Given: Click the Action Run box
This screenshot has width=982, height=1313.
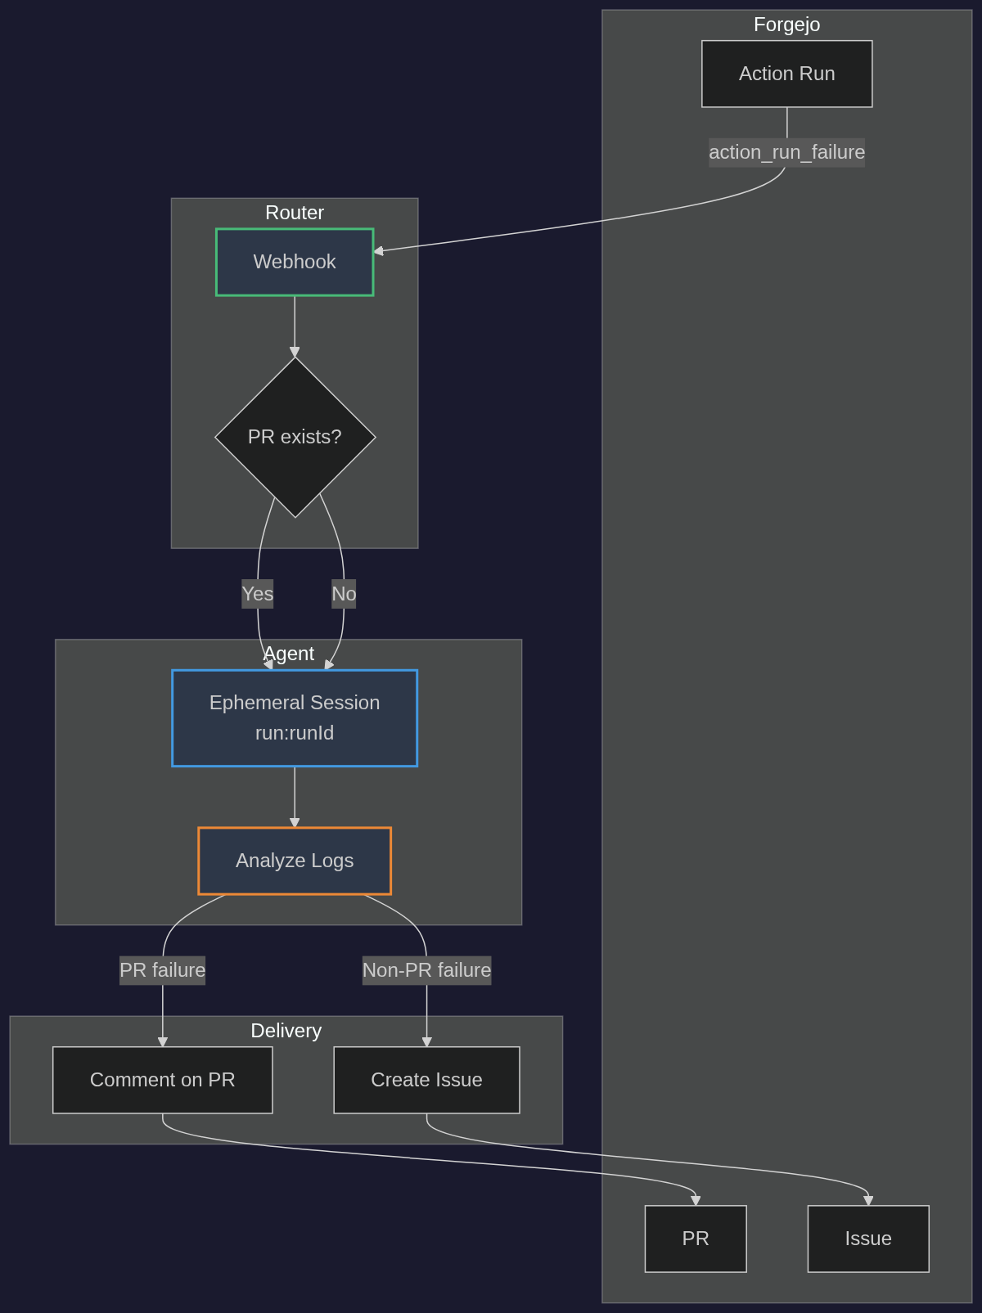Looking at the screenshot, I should pos(786,74).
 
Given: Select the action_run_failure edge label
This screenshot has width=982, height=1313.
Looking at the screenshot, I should pos(786,152).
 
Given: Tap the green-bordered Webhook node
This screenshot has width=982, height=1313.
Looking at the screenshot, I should pos(295,262).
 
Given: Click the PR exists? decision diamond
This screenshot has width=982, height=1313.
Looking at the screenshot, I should pos(295,437).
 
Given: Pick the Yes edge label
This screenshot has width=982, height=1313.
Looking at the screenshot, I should pos(257,594).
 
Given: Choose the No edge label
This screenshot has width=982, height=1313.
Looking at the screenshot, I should pos(344,594).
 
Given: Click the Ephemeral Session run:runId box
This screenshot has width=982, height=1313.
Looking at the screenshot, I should pos(295,717).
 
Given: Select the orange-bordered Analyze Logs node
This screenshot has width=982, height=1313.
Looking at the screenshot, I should pos(295,861).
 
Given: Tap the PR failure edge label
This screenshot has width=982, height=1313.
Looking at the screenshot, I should pos(162,970).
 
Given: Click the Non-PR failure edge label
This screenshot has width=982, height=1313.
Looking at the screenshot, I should pos(426,970).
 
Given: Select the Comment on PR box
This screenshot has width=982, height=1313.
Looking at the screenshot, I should pos(162,1080).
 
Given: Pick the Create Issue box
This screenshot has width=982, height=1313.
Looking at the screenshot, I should pos(426,1080).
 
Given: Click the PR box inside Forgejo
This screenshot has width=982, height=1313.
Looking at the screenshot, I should pos(696,1239).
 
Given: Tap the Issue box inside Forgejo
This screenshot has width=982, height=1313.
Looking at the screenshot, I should pos(868,1239).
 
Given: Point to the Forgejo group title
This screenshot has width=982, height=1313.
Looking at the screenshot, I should pos(786,25).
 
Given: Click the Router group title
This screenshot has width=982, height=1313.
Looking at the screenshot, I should pos(295,213).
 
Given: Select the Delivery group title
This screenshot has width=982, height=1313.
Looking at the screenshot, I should pos(286,1031).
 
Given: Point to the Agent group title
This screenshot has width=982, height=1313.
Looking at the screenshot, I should pos(288,654).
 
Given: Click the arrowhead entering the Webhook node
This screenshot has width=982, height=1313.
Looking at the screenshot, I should pos(379,250).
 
